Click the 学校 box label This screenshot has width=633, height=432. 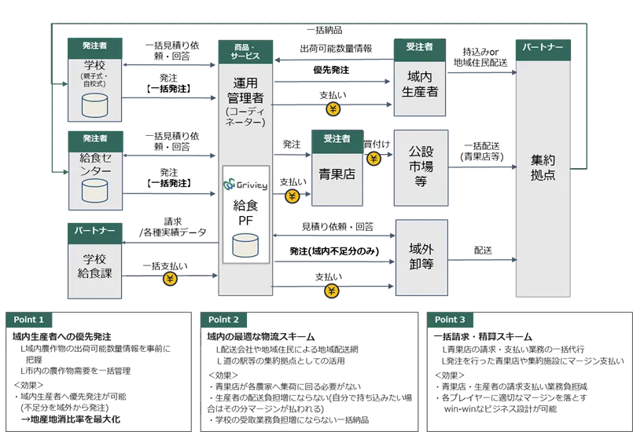click(x=95, y=64)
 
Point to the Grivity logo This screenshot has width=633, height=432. click(x=245, y=185)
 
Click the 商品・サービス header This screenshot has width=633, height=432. click(x=245, y=52)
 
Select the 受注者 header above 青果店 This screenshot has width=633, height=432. click(x=337, y=139)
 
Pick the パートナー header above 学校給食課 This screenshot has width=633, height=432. click(x=95, y=231)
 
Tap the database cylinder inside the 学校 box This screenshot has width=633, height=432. click(x=95, y=104)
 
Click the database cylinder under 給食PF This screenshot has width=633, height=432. click(x=245, y=247)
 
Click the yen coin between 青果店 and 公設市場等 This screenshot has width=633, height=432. click(x=374, y=159)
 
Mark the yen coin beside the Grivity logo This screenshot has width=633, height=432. click(x=293, y=196)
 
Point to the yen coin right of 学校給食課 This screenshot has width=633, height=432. click(x=169, y=278)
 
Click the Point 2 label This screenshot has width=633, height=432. click(x=224, y=320)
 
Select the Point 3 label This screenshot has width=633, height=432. click(x=450, y=320)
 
